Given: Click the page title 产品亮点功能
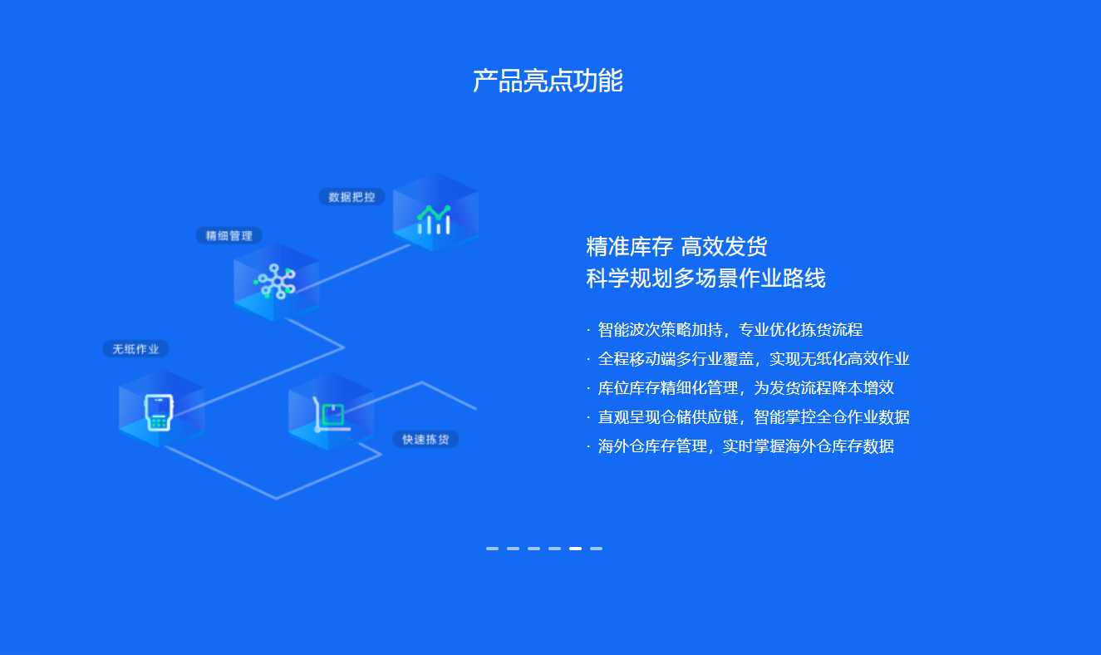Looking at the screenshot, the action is pyautogui.click(x=548, y=81).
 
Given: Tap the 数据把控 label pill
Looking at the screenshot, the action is pyautogui.click(x=351, y=197).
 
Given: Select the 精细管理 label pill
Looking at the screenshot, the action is pyautogui.click(x=229, y=235).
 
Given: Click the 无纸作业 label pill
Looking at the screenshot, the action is pyautogui.click(x=135, y=349).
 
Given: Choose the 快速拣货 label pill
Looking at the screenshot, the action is pyautogui.click(x=425, y=439).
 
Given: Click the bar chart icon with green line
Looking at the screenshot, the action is pyautogui.click(x=434, y=219).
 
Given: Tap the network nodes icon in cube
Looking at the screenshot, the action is pyautogui.click(x=275, y=281).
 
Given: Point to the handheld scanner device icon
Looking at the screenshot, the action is pyautogui.click(x=159, y=412).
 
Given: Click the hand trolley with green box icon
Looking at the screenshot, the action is pyautogui.click(x=332, y=415).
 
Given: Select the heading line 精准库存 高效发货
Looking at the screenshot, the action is pyautogui.click(x=676, y=246).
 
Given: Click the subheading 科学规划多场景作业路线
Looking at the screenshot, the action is pyautogui.click(x=705, y=278).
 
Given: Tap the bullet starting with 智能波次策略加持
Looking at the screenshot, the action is pyautogui.click(x=725, y=329).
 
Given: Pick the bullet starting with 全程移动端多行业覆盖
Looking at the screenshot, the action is pyautogui.click(x=748, y=358).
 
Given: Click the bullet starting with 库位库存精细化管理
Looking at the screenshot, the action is pyautogui.click(x=740, y=388).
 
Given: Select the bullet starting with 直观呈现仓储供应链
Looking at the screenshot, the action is pyautogui.click(x=748, y=417).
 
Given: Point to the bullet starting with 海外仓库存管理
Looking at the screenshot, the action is pyautogui.click(x=740, y=446).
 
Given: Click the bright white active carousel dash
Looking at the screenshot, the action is pyautogui.click(x=576, y=549).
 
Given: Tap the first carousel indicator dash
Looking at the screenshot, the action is pyautogui.click(x=493, y=549).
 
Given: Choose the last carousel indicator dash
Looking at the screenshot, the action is pyautogui.click(x=597, y=549).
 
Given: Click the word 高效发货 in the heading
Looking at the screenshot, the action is pyautogui.click(x=724, y=246).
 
